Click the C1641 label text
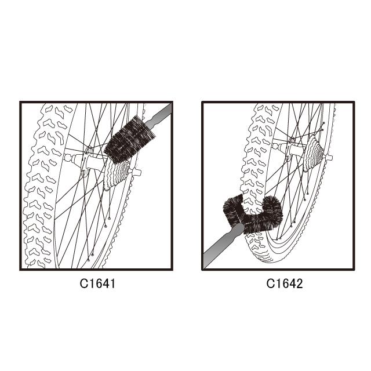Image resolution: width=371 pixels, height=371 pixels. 97,283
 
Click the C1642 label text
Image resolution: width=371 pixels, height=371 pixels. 285,283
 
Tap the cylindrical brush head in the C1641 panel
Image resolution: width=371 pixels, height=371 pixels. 129,140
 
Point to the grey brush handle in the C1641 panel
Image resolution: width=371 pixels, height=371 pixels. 158,115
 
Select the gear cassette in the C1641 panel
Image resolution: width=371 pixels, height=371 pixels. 116,175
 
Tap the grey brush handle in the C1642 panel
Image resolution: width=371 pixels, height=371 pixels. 224,245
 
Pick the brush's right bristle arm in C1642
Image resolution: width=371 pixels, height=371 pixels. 272,209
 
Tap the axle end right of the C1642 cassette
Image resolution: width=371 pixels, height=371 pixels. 328,158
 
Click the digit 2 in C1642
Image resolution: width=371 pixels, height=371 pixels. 299,283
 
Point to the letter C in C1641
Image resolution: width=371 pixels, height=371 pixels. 83,283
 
